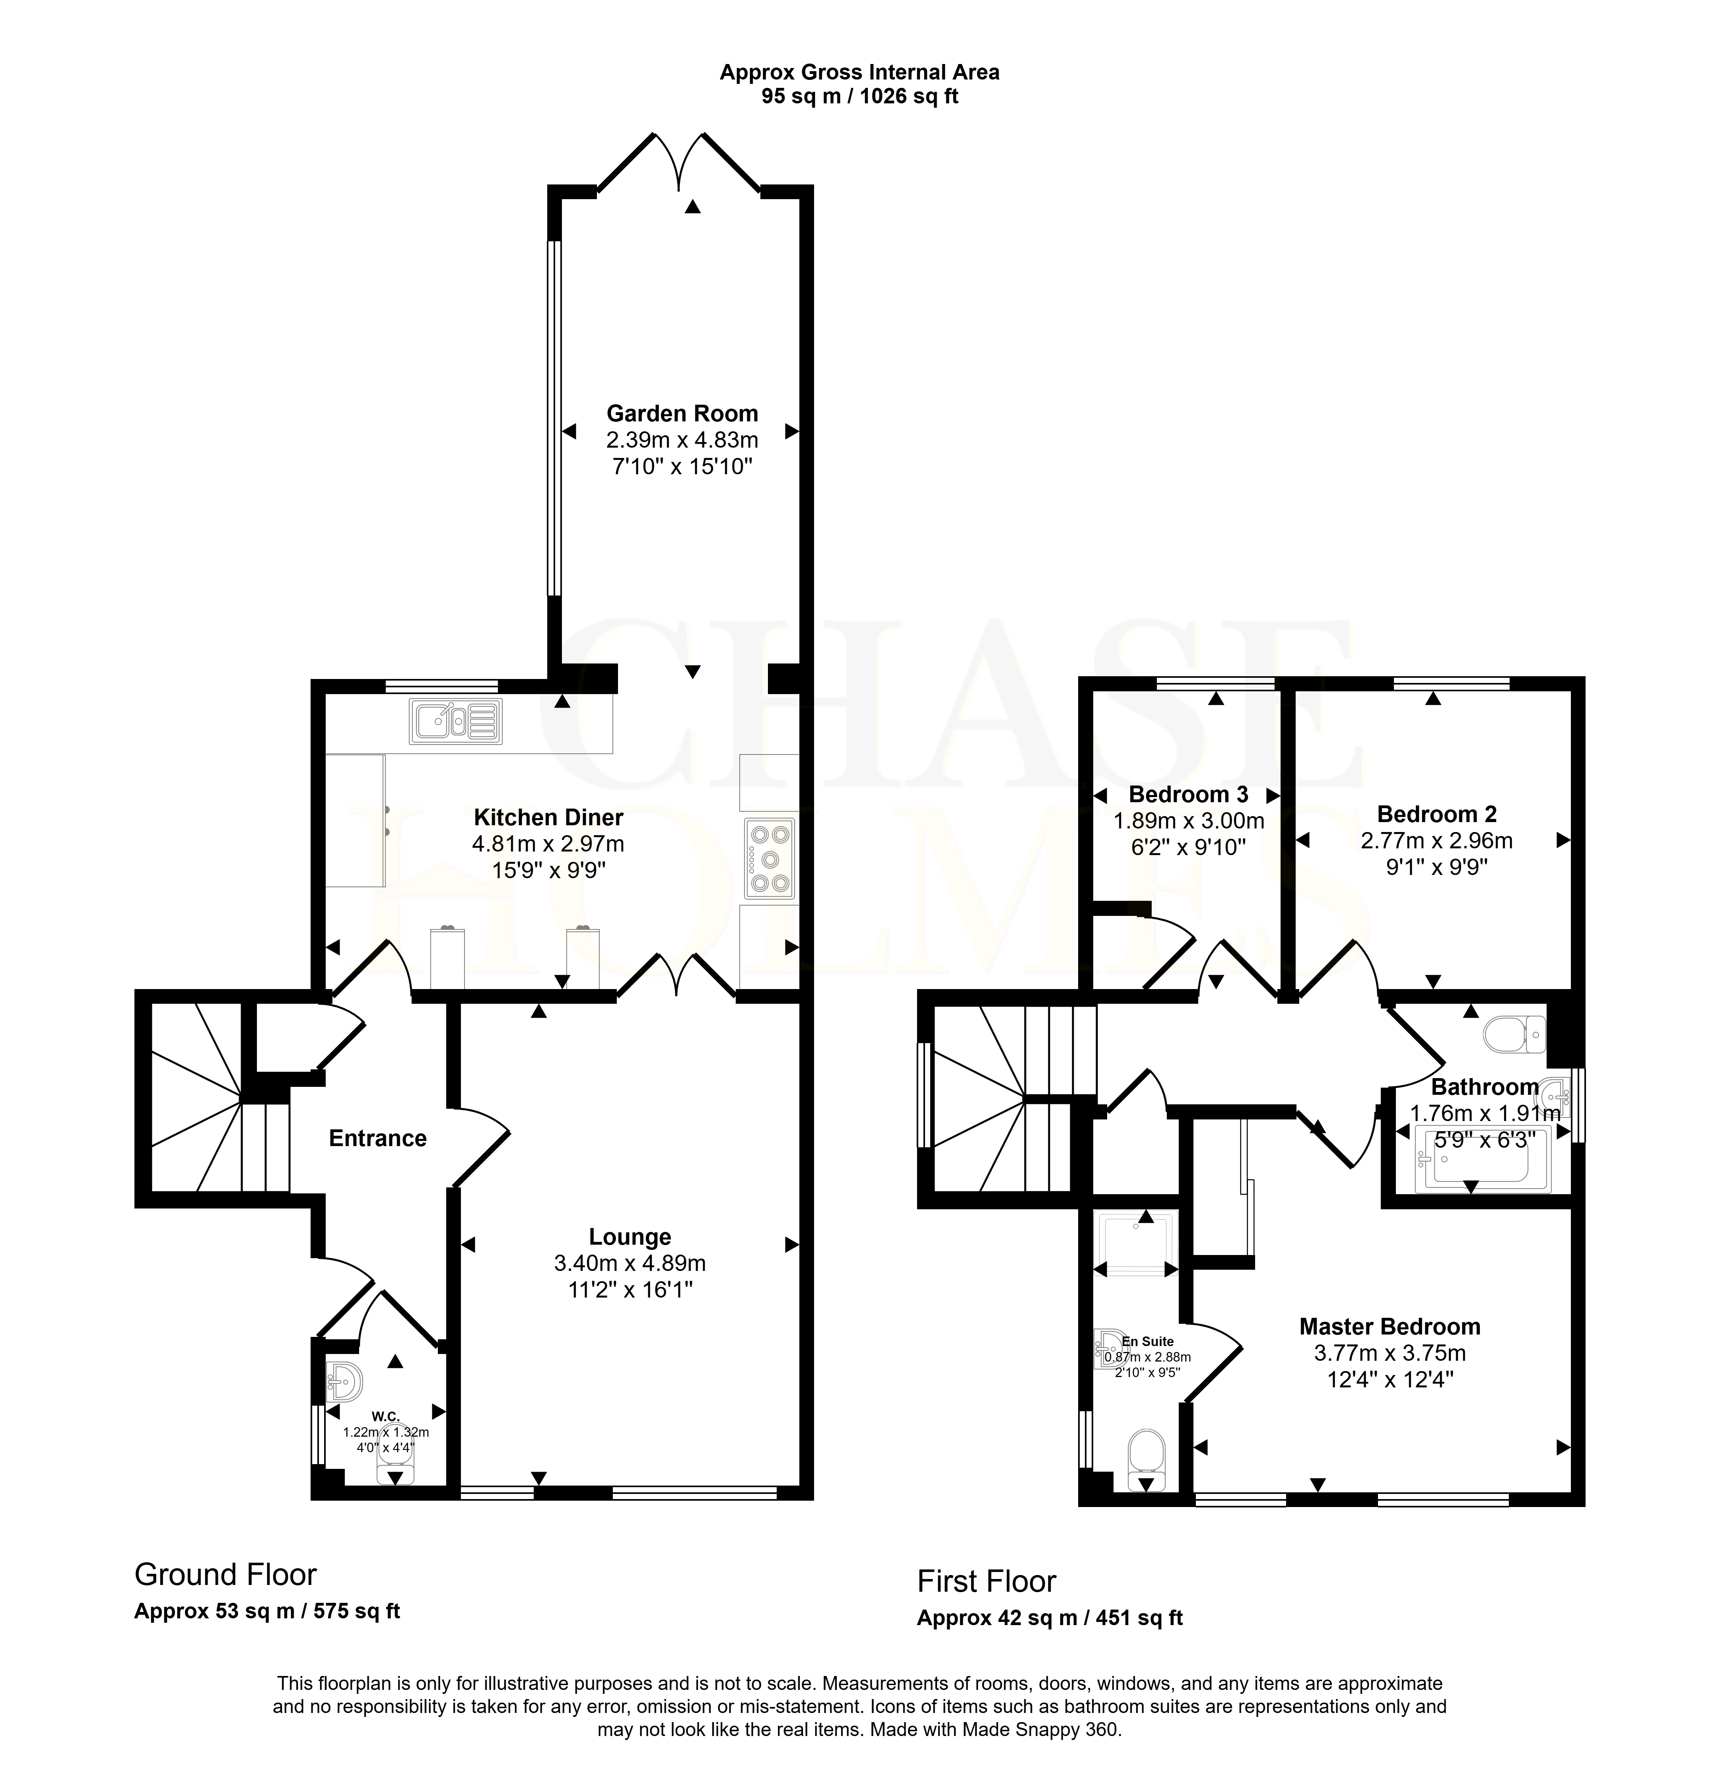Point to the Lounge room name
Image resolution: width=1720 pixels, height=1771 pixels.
click(x=630, y=1237)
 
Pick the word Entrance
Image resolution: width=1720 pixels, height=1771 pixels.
click(x=378, y=1139)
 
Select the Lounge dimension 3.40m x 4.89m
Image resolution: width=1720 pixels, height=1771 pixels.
click(x=630, y=1263)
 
